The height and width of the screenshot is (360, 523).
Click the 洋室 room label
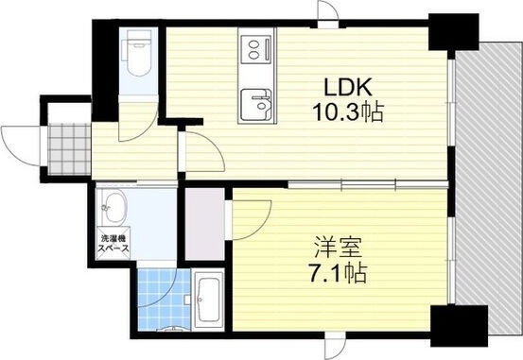tap(337, 251)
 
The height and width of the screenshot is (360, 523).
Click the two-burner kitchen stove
tap(255, 48)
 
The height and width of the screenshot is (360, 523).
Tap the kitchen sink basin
tap(255, 102)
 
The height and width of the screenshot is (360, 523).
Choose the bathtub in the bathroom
tap(209, 300)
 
